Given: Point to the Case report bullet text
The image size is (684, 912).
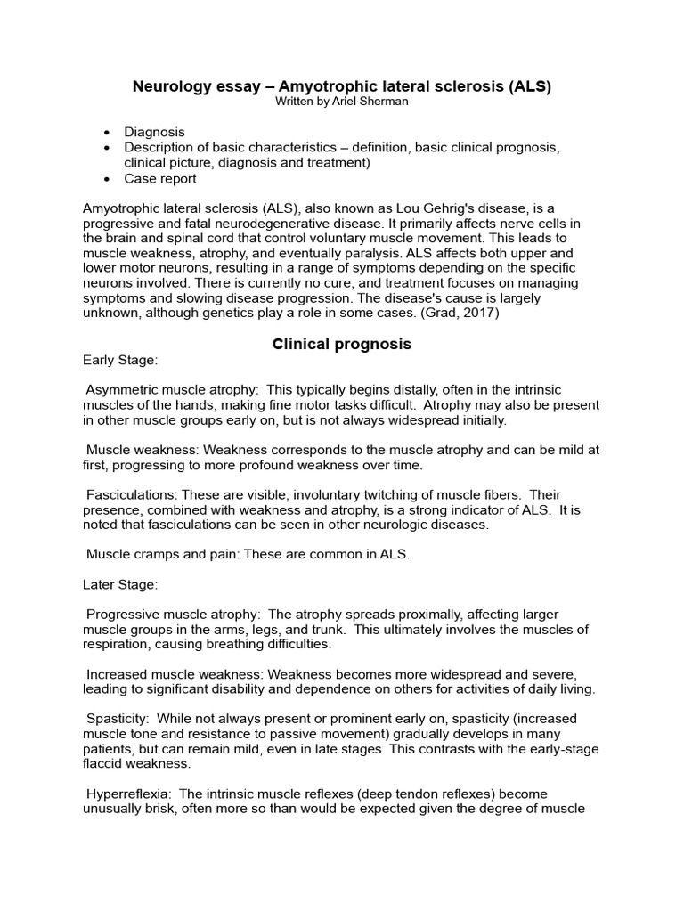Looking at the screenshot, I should click(x=160, y=178).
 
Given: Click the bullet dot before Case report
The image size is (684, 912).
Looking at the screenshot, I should click(x=108, y=179).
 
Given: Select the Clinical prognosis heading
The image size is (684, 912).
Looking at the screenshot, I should click(x=342, y=344).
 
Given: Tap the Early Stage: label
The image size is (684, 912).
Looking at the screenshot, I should click(x=120, y=361).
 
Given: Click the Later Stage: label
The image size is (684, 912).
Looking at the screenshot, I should click(x=120, y=584).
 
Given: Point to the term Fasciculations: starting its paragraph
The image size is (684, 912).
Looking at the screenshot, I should click(x=130, y=494).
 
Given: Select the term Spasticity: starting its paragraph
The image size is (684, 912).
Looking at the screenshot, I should click(x=119, y=718).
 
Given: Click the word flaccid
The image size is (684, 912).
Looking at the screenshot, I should click(x=104, y=763).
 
